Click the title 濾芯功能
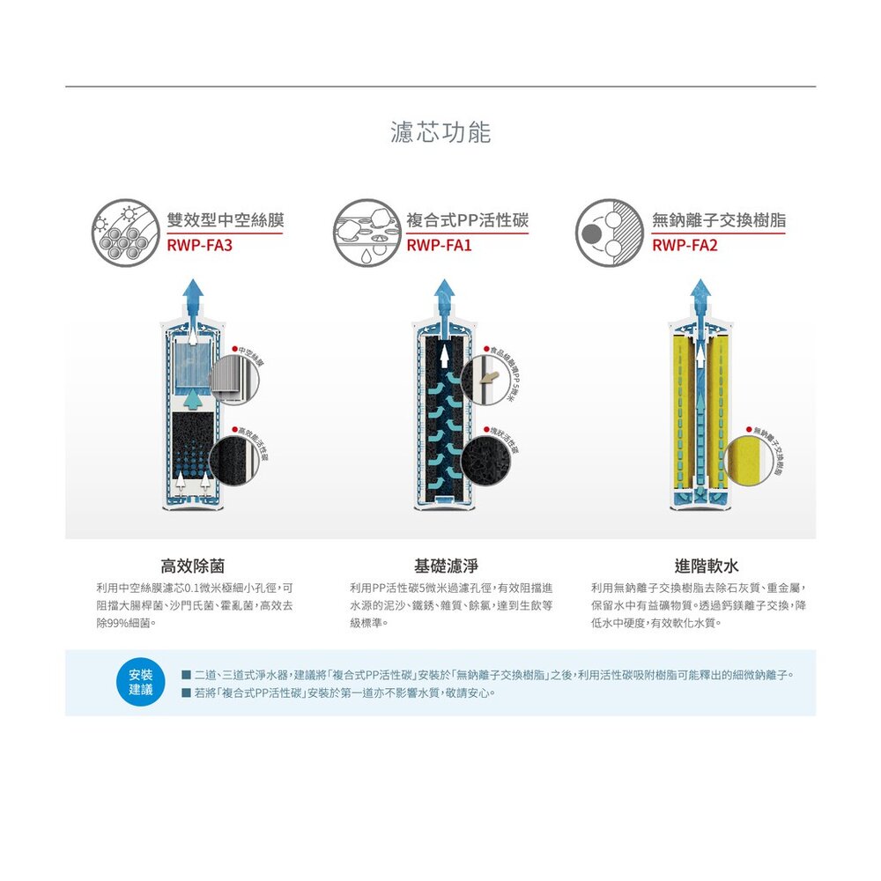point(440,133)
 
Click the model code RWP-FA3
point(199,245)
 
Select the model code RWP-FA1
point(439,245)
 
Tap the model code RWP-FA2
point(685,245)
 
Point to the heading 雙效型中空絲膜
point(226,220)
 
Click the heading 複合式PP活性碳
point(467,220)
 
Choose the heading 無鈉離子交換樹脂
point(719,220)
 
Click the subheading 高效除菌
point(197,566)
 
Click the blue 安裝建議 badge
point(141,683)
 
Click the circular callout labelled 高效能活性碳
point(239,457)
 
